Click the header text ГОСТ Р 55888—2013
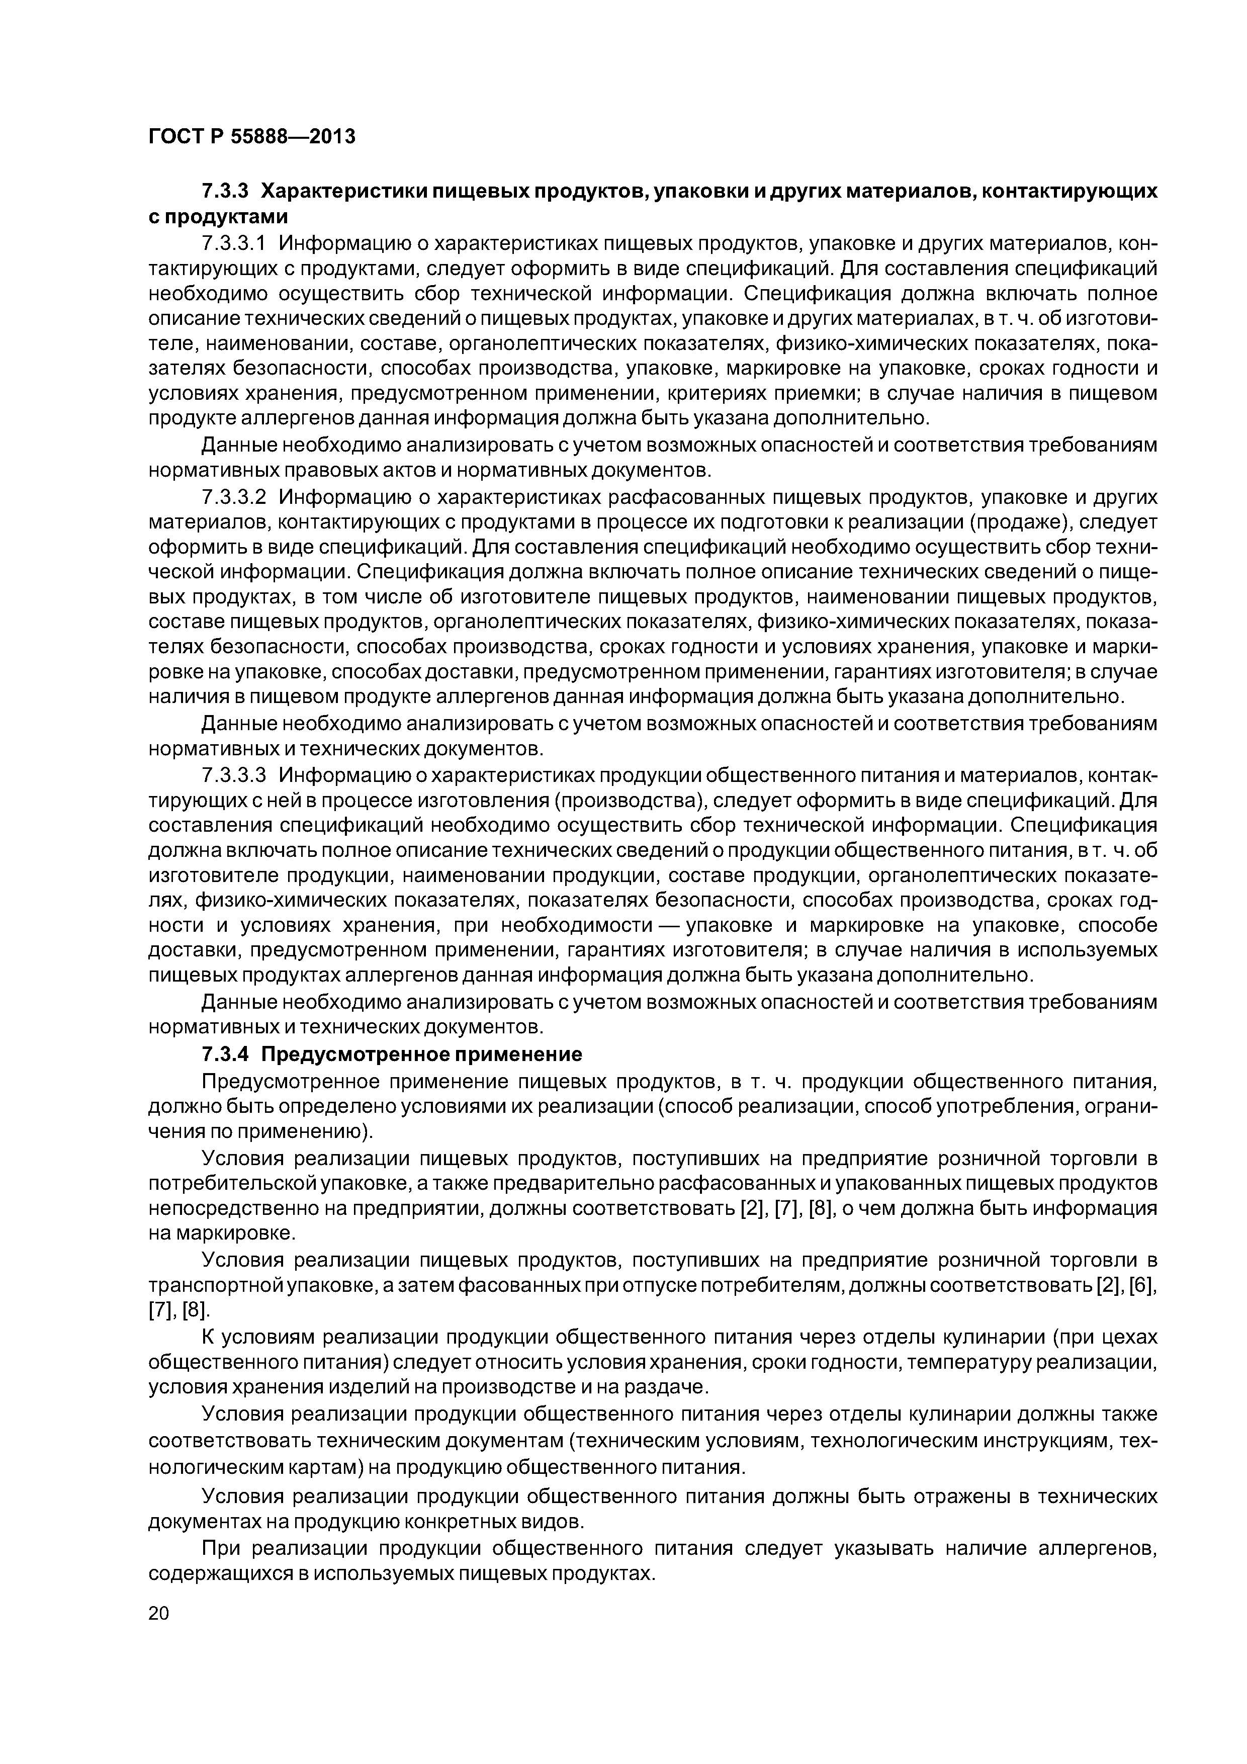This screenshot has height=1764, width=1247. pyautogui.click(x=251, y=137)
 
